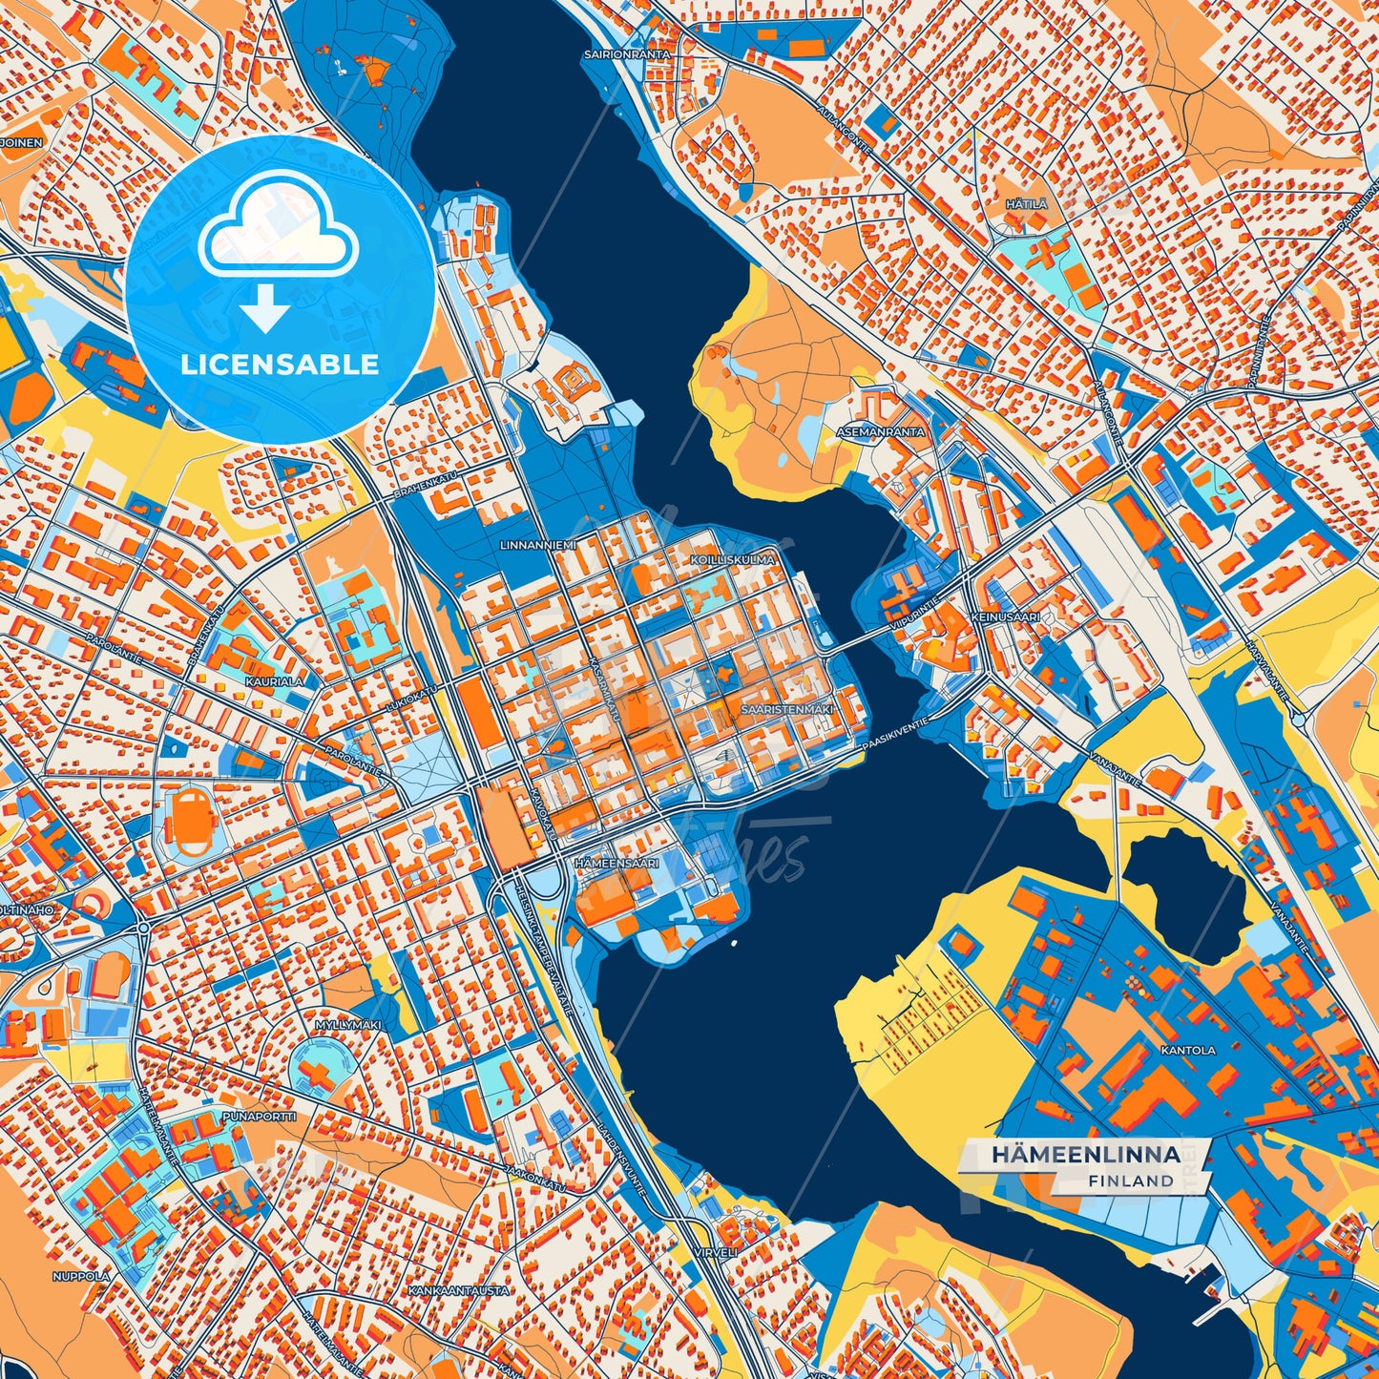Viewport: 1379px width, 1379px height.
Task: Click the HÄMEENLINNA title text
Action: pyautogui.click(x=1085, y=1155)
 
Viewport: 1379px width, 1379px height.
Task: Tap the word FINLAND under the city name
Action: pyautogui.click(x=1130, y=1181)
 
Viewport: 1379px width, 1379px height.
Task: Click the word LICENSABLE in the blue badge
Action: pyautogui.click(x=282, y=365)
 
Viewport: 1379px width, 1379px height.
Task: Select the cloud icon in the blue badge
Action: pyautogui.click(x=278, y=232)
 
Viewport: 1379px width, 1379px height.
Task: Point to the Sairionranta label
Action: pyautogui.click(x=627, y=55)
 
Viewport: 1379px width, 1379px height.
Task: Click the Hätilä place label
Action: pyautogui.click(x=1026, y=204)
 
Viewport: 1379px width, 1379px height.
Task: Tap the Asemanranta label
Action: pyautogui.click(x=879, y=432)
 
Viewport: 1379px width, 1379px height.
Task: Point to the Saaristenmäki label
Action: pyautogui.click(x=787, y=709)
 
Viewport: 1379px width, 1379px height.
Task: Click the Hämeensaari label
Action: pyautogui.click(x=616, y=863)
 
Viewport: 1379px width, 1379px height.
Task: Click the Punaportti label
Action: pyautogui.click(x=259, y=1116)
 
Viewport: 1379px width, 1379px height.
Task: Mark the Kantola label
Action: pyautogui.click(x=1188, y=1050)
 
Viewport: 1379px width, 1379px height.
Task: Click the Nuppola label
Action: pyautogui.click(x=81, y=1276)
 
